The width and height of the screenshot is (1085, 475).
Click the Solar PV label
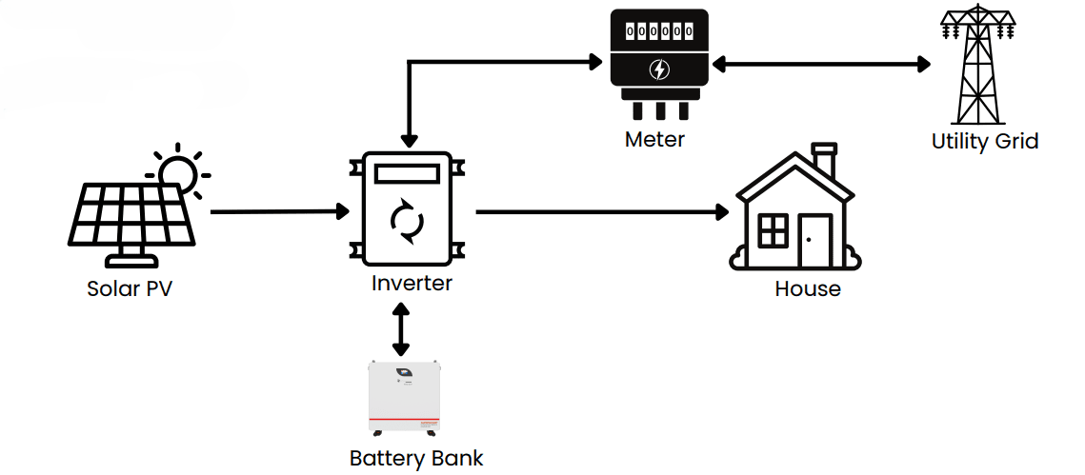coord(130,288)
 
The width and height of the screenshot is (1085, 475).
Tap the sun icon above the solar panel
coord(178,173)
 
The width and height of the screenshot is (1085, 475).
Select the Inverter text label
coord(412,283)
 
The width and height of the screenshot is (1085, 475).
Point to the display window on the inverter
coord(408,174)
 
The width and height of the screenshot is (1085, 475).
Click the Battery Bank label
coord(416,458)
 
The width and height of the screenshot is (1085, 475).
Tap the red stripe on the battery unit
coord(404,419)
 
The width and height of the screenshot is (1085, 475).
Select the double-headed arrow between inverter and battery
coord(401,329)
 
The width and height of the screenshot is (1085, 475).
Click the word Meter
coord(654,139)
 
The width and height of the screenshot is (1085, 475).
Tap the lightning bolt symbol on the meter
coord(658,69)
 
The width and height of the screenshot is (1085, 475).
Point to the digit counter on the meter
coord(658,31)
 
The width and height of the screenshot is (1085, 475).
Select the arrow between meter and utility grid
coord(822,65)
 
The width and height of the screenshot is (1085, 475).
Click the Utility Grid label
coord(984,142)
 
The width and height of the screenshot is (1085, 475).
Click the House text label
coord(808,288)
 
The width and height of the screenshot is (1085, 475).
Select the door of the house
coord(815,241)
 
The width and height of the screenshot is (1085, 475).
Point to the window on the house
coord(773,229)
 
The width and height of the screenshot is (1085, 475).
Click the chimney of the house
coord(824,158)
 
